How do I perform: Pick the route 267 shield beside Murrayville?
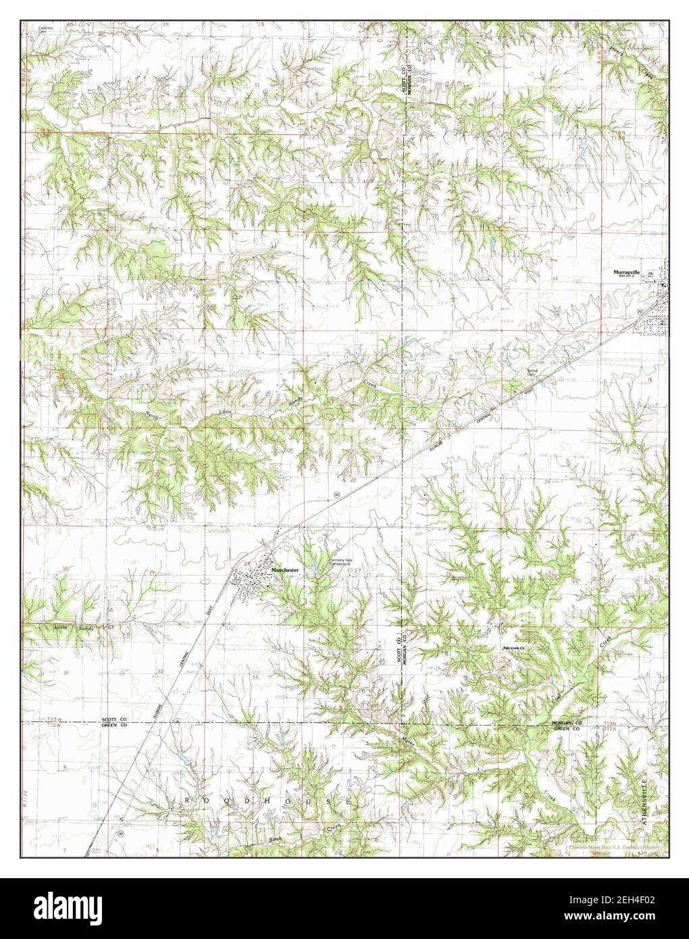pyautogui.click(x=640, y=310)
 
